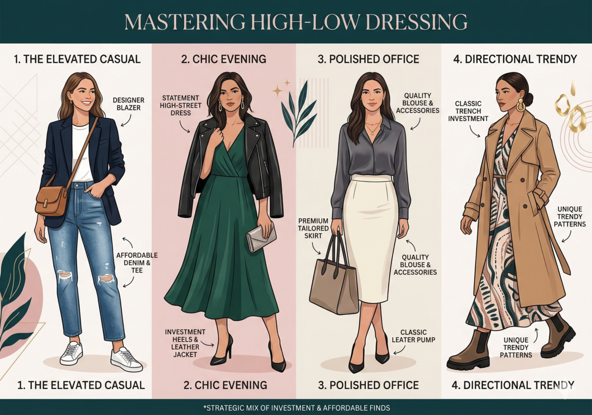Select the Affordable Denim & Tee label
[x=137, y=262]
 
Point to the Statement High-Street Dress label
[x=181, y=105]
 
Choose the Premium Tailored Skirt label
[x=313, y=228]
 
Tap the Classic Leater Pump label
[x=413, y=336]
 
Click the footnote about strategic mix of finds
[x=296, y=407]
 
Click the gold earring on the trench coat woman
[x=520, y=105]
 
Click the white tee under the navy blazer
[x=81, y=152]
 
